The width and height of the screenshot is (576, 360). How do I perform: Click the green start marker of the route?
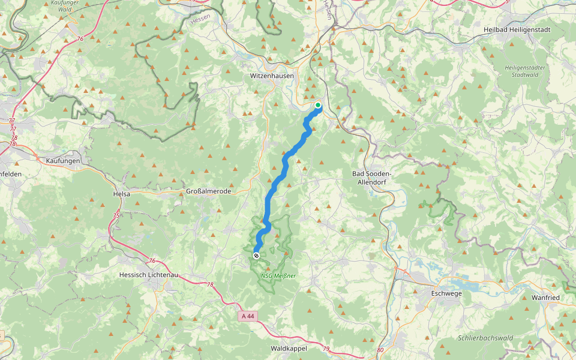point(318,106)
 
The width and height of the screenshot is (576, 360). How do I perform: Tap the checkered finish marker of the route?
point(256,256)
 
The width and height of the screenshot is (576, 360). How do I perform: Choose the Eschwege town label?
point(447,293)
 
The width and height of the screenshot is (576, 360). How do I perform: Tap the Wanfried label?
point(545,298)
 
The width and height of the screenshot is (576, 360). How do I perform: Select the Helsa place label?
point(122,194)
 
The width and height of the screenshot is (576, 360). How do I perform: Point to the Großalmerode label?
point(205,192)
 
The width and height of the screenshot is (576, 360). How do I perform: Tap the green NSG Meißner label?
point(278,276)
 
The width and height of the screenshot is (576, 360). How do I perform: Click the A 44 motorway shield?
point(249,316)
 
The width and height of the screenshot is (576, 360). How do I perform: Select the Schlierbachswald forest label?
point(484,338)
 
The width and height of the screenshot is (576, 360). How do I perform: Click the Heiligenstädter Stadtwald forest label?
point(525,71)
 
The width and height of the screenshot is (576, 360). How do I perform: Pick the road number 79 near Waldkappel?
point(326,349)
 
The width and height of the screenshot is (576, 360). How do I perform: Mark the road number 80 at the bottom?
point(380,350)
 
